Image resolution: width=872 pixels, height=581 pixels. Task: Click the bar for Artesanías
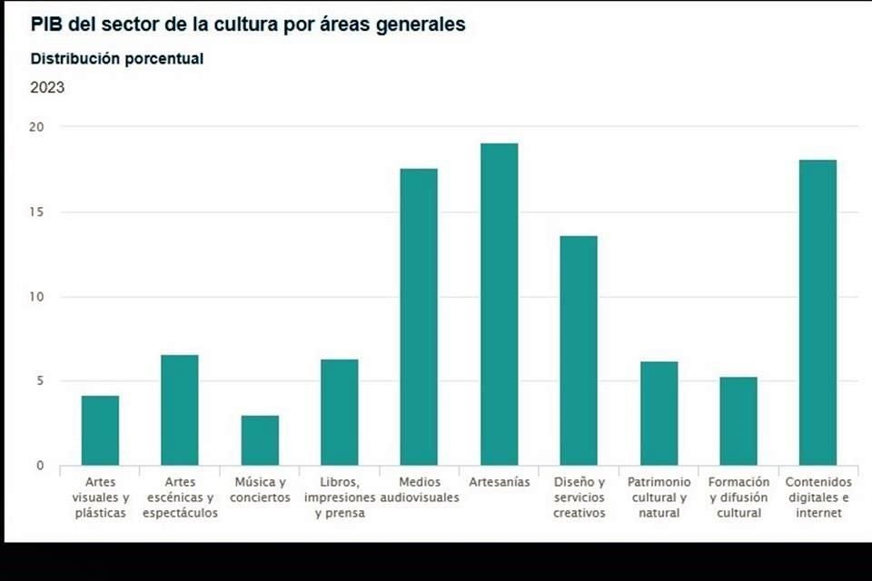click(499, 304)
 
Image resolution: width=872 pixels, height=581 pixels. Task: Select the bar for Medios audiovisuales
click(419, 317)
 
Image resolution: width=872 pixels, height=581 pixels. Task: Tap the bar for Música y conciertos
click(260, 440)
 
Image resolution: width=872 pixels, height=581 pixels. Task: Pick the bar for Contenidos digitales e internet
click(817, 312)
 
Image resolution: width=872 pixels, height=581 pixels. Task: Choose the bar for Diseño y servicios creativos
click(579, 350)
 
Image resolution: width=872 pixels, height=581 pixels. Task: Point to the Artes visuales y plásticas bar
click(100, 430)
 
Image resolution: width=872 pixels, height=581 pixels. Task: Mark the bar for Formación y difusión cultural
click(738, 421)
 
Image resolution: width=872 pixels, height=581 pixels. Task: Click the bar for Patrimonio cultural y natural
click(659, 413)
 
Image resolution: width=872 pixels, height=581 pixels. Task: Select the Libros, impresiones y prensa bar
click(340, 412)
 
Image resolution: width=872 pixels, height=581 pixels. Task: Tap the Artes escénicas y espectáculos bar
click(180, 409)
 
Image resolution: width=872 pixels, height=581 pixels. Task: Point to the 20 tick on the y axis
click(35, 127)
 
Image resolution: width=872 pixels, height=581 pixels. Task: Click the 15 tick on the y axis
click(35, 212)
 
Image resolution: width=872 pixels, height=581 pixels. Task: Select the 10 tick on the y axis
click(35, 297)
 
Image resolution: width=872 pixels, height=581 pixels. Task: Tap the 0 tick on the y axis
click(39, 466)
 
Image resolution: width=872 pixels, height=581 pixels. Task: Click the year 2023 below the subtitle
click(47, 88)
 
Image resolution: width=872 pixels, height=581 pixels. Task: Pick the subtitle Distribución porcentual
click(117, 59)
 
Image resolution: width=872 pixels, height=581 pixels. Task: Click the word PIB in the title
click(47, 25)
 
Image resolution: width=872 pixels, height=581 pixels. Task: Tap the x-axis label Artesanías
click(499, 482)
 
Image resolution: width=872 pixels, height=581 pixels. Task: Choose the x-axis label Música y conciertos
click(260, 490)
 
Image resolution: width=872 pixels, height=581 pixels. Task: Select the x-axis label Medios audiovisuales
click(419, 490)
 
